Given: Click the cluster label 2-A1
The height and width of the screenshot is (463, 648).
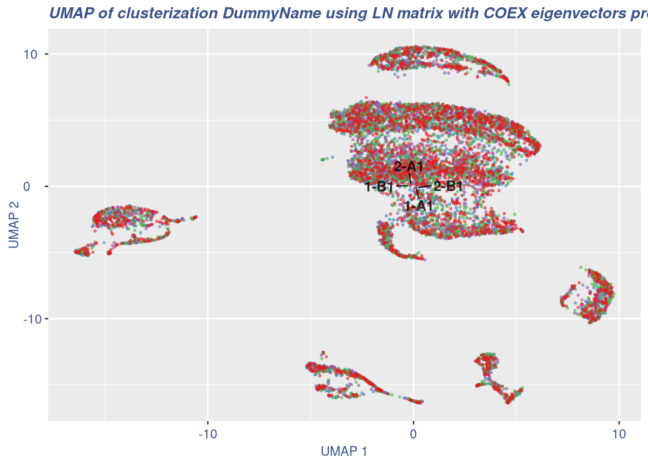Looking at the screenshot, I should (408, 167).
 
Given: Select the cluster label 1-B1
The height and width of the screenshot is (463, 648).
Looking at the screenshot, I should (379, 187).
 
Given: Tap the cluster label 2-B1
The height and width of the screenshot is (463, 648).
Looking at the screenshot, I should (448, 186).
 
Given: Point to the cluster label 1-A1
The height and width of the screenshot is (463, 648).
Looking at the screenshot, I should (418, 206).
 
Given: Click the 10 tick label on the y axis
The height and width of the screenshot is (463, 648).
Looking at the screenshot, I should (31, 54).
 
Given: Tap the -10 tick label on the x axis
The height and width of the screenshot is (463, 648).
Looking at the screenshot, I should (208, 434).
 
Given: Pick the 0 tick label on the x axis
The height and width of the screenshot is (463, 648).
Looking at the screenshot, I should (413, 434).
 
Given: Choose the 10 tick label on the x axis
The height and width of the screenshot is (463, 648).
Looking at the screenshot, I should (619, 434).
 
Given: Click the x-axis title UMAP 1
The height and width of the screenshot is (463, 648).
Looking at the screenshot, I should (344, 452).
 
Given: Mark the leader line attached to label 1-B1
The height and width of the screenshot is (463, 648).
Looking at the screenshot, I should (402, 186).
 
